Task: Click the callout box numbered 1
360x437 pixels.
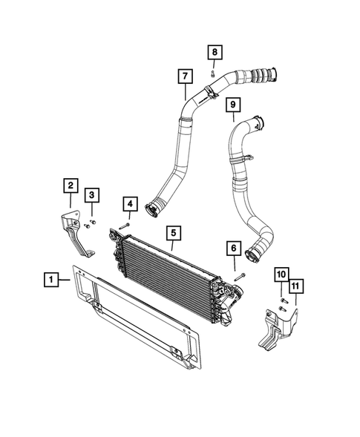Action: [x=50, y=279]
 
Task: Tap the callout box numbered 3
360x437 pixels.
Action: [x=92, y=195]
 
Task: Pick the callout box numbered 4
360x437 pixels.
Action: [x=129, y=203]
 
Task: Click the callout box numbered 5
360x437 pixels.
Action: [x=172, y=234]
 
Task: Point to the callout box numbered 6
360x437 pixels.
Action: [x=233, y=248]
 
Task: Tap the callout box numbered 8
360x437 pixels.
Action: [x=214, y=52]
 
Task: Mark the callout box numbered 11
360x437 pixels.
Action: [x=296, y=286]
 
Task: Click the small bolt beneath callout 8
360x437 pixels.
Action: [x=213, y=73]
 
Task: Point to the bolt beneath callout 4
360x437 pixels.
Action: [x=127, y=223]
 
